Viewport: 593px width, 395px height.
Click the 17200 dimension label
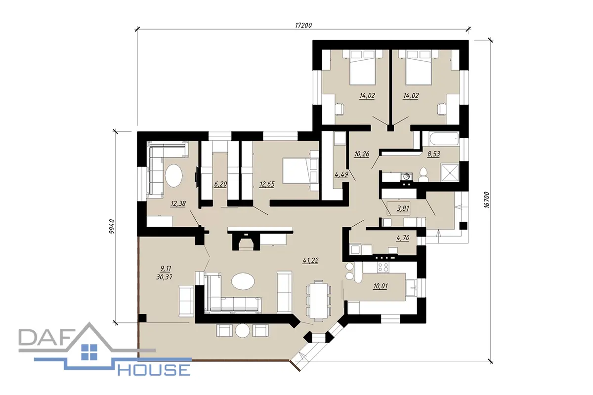click(303, 25)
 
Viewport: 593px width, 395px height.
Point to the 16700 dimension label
click(487, 200)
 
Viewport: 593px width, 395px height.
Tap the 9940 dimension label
click(112, 227)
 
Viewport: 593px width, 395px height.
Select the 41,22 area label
click(310, 260)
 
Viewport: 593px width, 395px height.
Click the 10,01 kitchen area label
click(380, 286)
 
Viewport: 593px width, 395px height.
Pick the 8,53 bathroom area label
click(433, 154)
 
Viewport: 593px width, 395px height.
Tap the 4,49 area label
click(341, 175)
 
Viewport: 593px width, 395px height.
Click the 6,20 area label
click(220, 184)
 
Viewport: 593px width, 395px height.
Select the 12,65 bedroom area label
click(267, 184)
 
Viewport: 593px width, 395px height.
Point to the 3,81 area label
click(403, 208)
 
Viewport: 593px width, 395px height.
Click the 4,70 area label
click(403, 238)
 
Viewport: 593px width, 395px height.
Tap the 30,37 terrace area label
click(164, 277)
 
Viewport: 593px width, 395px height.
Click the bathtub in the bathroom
click(443, 138)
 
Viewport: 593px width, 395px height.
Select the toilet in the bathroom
click(424, 174)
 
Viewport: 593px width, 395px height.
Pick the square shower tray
click(450, 172)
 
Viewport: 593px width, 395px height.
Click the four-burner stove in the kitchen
click(383, 267)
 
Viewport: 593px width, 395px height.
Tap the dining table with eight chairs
click(318, 300)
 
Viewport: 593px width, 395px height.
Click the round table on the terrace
click(243, 330)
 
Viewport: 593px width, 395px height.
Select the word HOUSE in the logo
click(154, 370)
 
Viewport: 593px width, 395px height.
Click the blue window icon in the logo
click(89, 352)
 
